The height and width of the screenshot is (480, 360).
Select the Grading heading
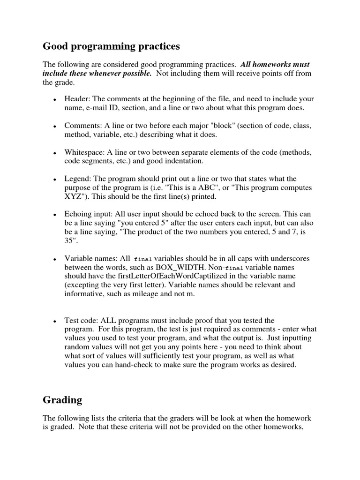coord(62,400)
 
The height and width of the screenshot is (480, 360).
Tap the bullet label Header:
coord(78,99)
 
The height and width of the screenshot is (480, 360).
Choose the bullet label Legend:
coord(79,179)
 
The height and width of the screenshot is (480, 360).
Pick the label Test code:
coord(82,321)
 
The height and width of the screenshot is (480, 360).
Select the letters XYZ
coord(74,196)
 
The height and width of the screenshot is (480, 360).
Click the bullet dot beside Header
coord(55,100)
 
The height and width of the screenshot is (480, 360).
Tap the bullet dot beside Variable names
coord(55,259)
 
